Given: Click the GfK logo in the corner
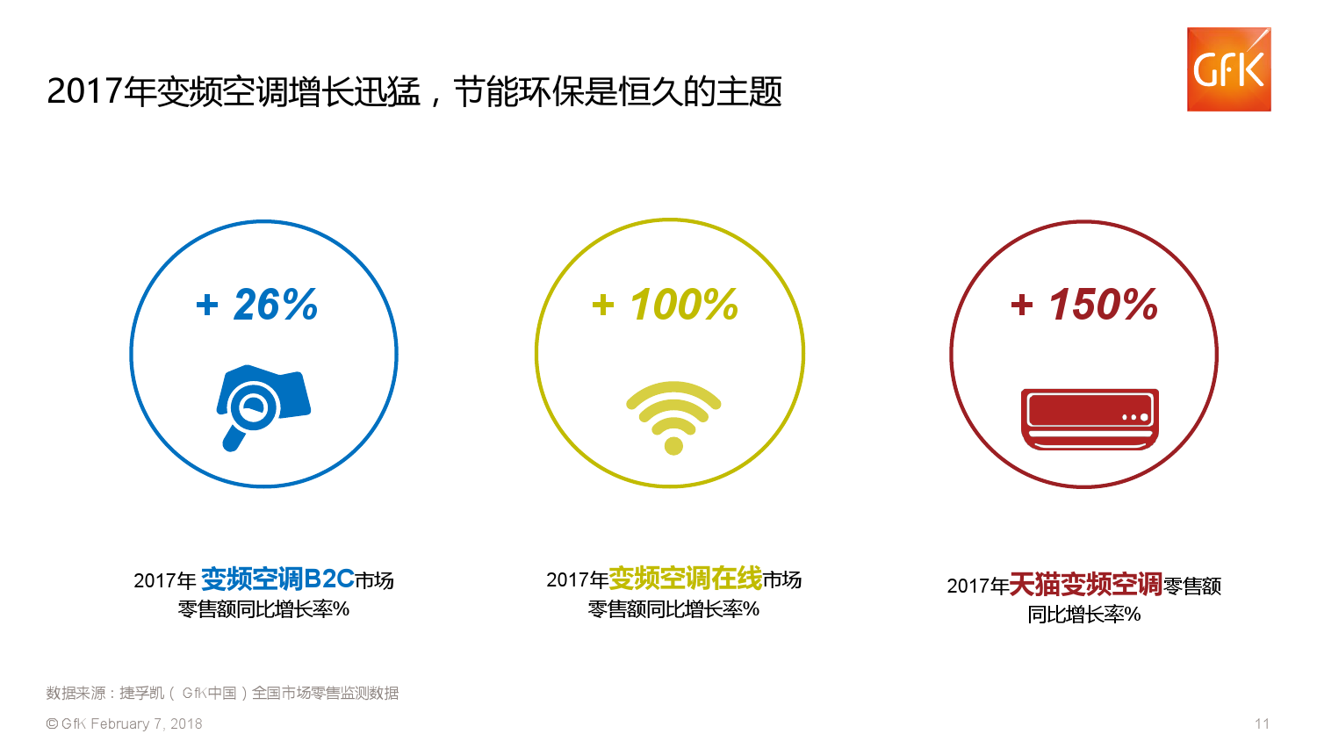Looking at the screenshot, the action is [x=1229, y=69].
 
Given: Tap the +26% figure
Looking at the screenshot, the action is [x=257, y=305].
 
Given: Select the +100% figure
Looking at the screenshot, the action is [x=665, y=305].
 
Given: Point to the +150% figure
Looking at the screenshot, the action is [x=1084, y=305].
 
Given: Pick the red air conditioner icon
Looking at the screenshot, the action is [x=1090, y=420].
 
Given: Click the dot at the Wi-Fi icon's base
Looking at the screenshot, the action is [x=673, y=445].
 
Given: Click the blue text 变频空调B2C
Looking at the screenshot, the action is [x=277, y=579].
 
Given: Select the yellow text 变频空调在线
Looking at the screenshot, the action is [x=686, y=579].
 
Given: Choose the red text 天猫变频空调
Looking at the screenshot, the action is [x=1086, y=585].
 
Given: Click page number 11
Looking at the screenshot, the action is [x=1262, y=724].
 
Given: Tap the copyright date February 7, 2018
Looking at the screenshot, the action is [x=147, y=724].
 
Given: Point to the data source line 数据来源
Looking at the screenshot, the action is [x=222, y=693].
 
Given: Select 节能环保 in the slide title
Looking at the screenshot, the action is [x=519, y=91].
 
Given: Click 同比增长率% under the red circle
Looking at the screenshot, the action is [x=1084, y=615].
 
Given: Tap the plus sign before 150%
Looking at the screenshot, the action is [x=1022, y=306].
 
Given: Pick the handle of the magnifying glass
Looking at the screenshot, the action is [x=234, y=437].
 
